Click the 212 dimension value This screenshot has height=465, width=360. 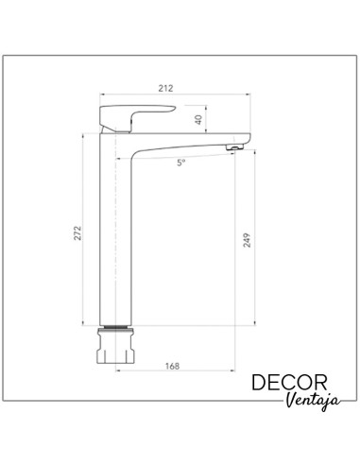(x=165, y=88)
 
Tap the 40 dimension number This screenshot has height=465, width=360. (x=198, y=119)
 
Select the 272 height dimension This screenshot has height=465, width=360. (x=77, y=233)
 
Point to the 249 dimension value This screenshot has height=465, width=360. (x=248, y=240)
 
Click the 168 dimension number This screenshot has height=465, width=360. (x=172, y=366)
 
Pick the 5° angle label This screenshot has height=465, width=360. (x=180, y=163)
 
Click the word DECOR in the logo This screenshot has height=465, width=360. (x=289, y=383)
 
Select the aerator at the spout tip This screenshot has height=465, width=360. (x=235, y=146)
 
